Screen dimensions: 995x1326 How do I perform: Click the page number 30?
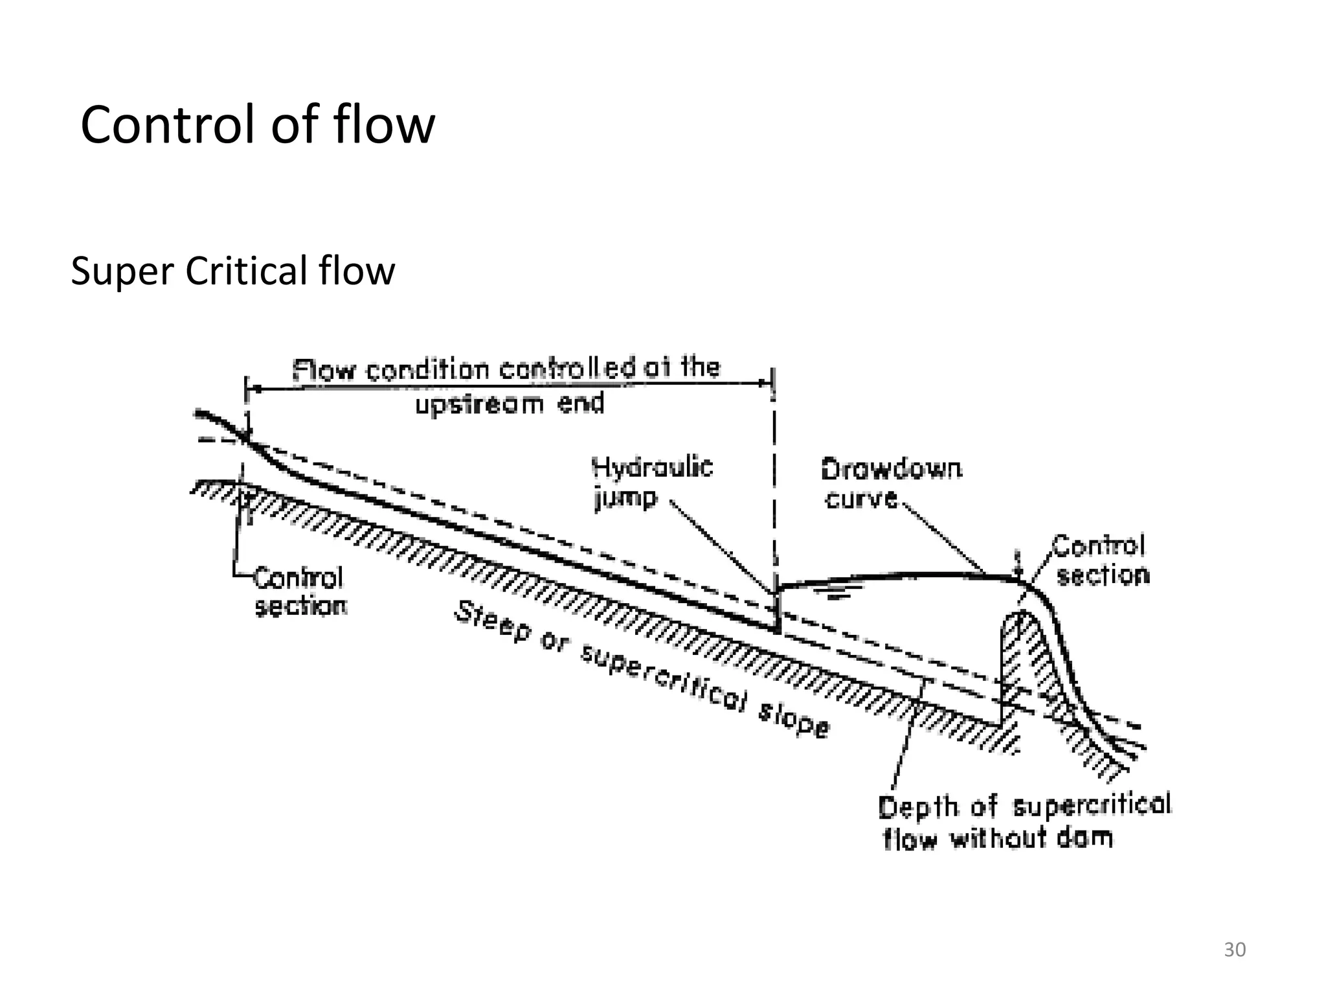tap(1234, 950)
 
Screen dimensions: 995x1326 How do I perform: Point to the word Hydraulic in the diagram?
tap(652, 467)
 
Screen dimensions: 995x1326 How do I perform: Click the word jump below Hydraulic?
tap(625, 499)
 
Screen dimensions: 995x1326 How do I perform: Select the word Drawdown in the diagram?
tap(891, 469)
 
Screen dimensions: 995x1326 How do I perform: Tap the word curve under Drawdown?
tap(860, 499)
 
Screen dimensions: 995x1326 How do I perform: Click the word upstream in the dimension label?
tap(478, 405)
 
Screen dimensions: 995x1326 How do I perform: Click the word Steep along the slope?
tap(493, 622)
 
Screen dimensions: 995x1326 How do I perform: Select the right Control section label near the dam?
tap(1101, 560)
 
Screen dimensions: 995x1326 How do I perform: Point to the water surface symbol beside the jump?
tap(838, 591)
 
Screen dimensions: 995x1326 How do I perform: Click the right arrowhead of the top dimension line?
tap(766, 383)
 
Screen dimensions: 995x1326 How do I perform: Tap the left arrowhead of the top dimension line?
tap(256, 389)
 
